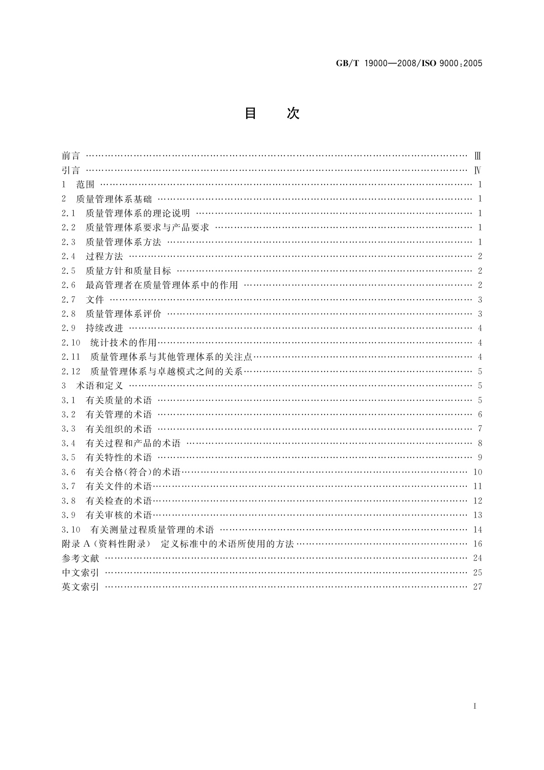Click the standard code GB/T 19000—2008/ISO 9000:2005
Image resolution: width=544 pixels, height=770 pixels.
click(x=409, y=64)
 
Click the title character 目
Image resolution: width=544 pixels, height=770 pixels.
click(x=250, y=113)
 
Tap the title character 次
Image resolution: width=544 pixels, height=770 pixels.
click(x=293, y=113)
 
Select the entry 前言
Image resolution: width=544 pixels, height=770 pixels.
click(x=71, y=156)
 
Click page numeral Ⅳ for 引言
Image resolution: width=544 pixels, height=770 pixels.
click(x=478, y=171)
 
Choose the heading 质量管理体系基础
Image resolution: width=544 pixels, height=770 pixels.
click(x=114, y=199)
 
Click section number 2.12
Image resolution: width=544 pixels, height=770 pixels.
click(x=71, y=371)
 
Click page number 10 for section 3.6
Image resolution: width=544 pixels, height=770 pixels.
click(x=478, y=472)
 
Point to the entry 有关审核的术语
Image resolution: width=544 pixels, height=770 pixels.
click(x=119, y=515)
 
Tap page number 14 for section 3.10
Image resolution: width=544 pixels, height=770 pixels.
click(x=478, y=529)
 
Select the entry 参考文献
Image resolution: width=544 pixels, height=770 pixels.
click(x=80, y=558)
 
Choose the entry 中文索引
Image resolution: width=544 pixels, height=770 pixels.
click(x=80, y=572)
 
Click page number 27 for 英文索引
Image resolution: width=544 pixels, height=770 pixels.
click(x=478, y=587)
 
